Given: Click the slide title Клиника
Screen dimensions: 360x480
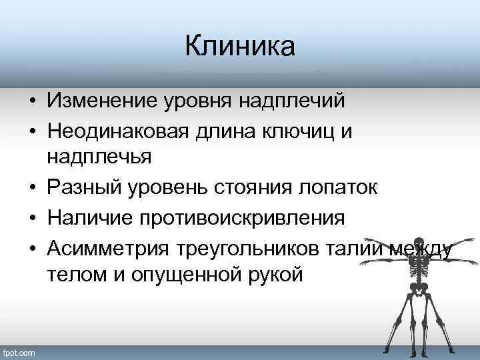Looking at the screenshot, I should [239, 47].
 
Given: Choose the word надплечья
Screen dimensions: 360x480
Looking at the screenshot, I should [99, 158].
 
